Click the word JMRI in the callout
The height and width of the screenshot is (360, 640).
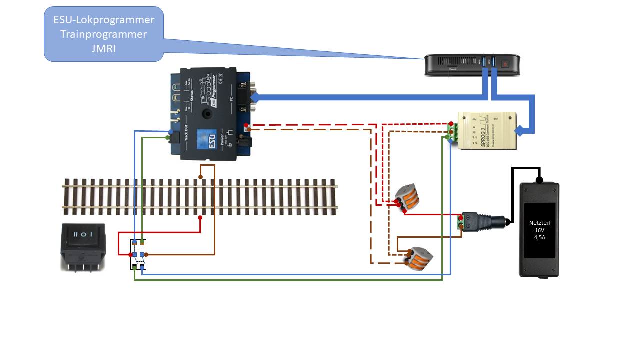104,49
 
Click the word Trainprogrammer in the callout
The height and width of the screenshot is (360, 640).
104,34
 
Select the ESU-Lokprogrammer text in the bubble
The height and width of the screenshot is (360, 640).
104,20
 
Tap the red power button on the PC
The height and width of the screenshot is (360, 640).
505,64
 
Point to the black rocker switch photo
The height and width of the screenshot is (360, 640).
83,246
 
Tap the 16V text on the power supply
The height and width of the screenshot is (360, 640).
539,230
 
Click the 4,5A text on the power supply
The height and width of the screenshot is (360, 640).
539,237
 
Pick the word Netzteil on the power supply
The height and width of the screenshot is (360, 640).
539,223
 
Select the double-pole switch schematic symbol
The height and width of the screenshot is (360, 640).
138,254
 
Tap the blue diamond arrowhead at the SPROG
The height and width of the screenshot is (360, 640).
520,131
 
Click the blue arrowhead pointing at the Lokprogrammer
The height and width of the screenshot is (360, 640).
258,97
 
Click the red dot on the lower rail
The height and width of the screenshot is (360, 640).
200,218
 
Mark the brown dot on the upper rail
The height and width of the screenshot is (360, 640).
200,177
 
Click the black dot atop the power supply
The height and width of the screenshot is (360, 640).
539,180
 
